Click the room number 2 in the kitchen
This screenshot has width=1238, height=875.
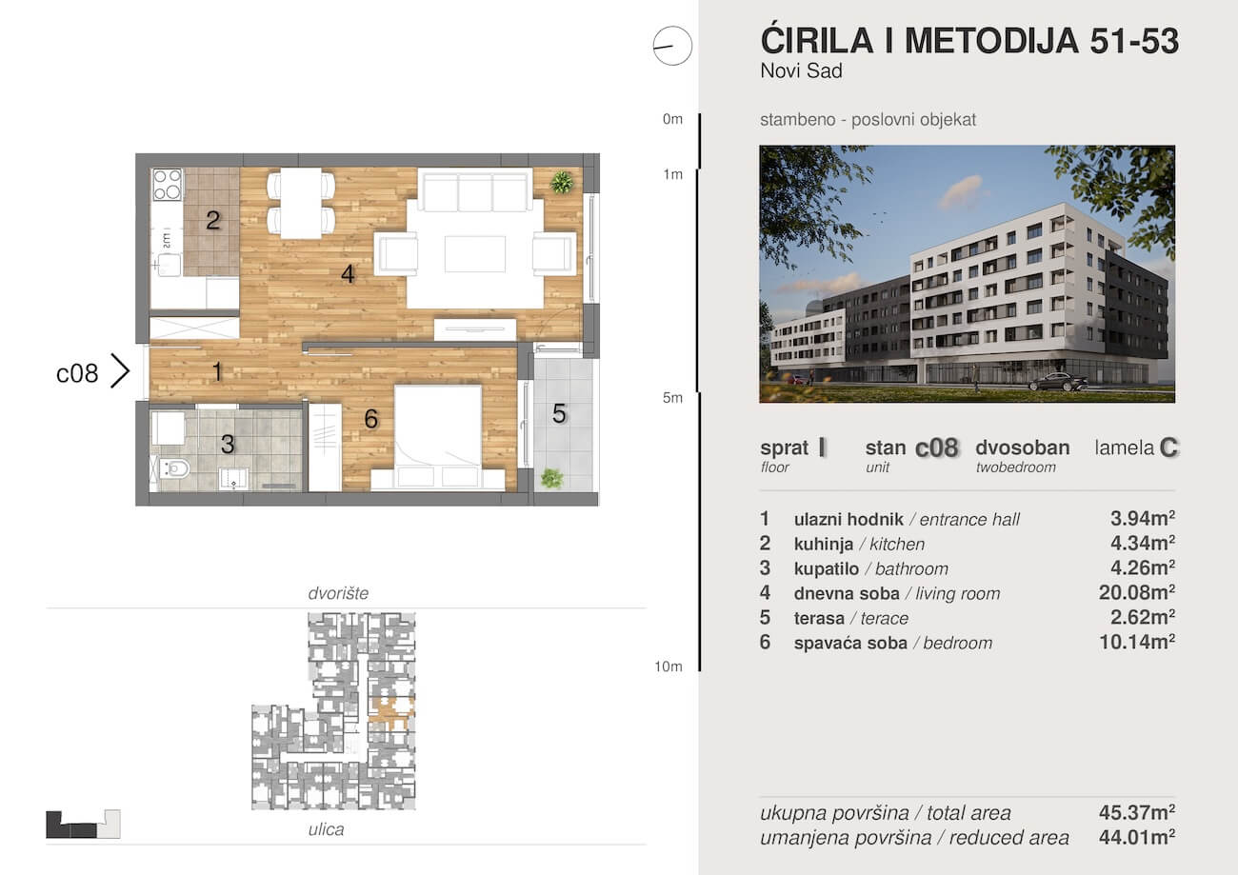point(213,221)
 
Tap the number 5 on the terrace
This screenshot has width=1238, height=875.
point(560,414)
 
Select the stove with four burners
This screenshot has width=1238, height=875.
point(168,184)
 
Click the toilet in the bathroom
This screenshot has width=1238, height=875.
point(176,467)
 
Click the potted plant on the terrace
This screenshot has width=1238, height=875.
point(551,478)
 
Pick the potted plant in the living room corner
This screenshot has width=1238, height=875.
point(563,181)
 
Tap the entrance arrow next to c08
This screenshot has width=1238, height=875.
point(120,370)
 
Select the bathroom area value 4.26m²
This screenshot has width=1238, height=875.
point(1136,568)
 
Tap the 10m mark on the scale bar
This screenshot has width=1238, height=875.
point(669,666)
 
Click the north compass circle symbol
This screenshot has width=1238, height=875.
point(672,46)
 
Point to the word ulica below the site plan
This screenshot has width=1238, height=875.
point(326,829)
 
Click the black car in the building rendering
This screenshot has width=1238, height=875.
point(1058,382)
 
